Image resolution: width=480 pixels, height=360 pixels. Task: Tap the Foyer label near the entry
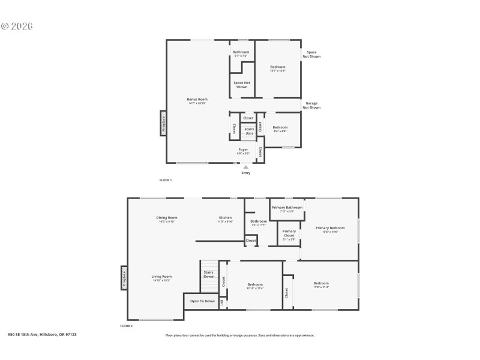point(243,151)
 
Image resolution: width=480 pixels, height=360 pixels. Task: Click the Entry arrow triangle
point(245,167)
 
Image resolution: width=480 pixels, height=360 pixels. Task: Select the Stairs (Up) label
point(249,131)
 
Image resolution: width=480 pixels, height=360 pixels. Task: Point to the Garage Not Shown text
point(311,106)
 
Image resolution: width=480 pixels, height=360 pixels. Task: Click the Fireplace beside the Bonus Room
point(163,124)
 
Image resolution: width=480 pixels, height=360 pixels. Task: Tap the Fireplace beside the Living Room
point(124,278)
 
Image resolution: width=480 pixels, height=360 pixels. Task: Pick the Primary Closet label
point(289,233)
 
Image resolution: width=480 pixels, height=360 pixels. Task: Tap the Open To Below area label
point(202,301)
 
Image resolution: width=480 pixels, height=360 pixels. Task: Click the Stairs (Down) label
point(209,274)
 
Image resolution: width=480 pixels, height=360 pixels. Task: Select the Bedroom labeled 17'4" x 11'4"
point(321,285)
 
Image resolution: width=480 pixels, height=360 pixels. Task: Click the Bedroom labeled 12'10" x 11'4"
point(255,286)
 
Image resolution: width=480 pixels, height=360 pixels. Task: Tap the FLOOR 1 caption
point(166,180)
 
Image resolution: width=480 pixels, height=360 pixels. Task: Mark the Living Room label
point(162,278)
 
